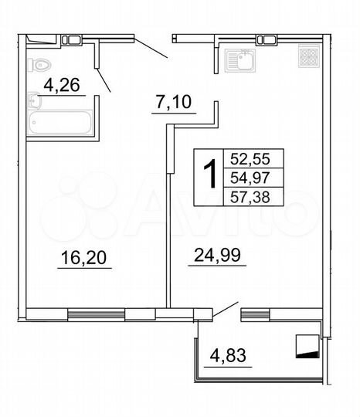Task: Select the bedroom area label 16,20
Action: click(84, 259)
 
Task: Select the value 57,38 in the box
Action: click(246, 198)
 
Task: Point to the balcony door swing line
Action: click(225, 309)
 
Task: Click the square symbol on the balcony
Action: click(307, 345)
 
